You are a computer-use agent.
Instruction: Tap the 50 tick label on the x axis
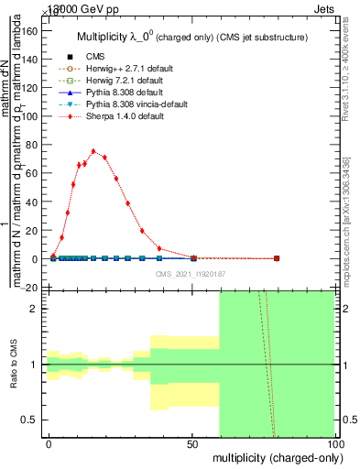coord(192,443)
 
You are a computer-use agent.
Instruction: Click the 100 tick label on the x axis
coord(334,443)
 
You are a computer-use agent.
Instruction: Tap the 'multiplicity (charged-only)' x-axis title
coord(275,456)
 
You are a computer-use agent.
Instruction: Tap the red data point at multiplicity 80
coord(277,258)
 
